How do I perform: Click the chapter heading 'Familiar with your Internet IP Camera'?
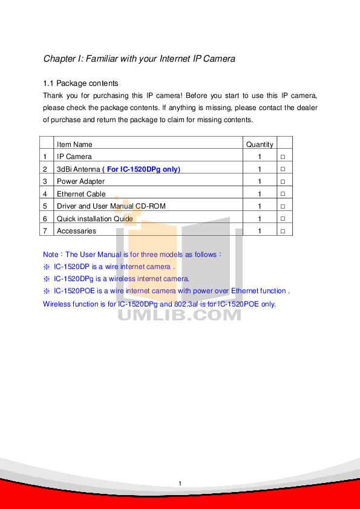pos(160,59)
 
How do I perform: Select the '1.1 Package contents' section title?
pos(80,83)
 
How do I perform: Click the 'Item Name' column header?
pos(74,144)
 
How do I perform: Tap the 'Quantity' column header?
pos(260,144)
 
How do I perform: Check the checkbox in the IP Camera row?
pos(283,157)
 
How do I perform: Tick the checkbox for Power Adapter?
pos(283,181)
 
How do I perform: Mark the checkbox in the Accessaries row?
pos(283,231)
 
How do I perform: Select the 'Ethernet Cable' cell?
pos(81,194)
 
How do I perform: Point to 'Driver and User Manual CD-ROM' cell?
pos(111,206)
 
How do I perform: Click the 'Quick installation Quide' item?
pos(94,219)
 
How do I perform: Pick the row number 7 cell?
pos(45,231)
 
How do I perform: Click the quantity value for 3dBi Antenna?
pos(260,169)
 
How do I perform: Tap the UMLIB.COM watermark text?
pos(179,315)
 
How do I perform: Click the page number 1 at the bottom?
pos(180,484)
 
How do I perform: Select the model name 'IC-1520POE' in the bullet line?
pos(74,291)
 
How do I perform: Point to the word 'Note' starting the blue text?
pos(51,254)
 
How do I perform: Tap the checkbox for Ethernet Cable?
pos(283,194)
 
